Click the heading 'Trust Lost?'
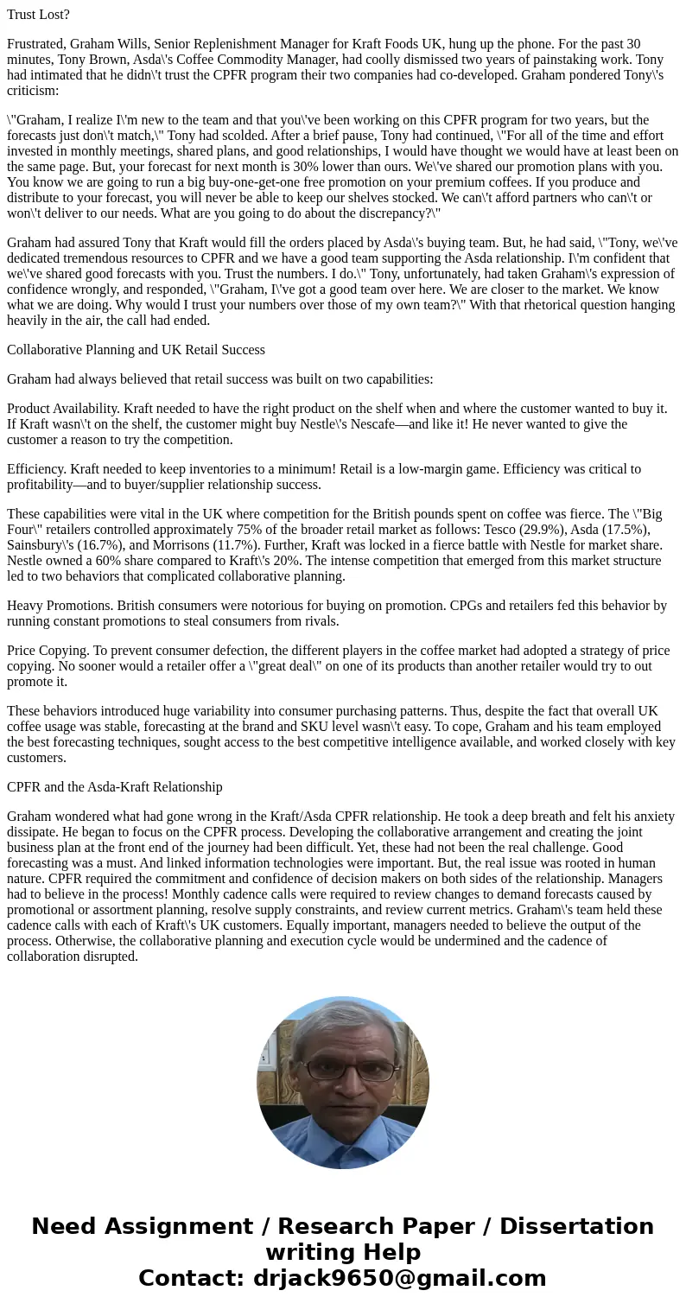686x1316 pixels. click(x=38, y=15)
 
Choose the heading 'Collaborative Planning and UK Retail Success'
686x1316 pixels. click(x=136, y=350)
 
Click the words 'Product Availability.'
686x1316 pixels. click(x=63, y=409)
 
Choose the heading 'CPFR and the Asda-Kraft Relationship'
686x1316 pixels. click(x=114, y=787)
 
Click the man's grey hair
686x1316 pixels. click(x=342, y=1024)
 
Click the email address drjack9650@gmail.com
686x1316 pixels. click(x=399, y=1279)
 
